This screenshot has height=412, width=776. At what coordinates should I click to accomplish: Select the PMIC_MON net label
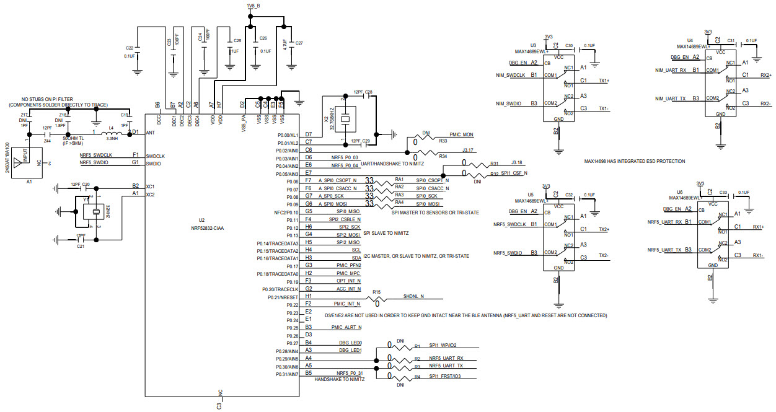click(x=461, y=134)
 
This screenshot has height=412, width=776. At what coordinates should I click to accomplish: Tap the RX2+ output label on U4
click(x=765, y=75)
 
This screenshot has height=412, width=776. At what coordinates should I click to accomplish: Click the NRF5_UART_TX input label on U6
click(x=665, y=249)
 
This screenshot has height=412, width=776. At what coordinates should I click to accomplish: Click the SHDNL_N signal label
click(x=413, y=296)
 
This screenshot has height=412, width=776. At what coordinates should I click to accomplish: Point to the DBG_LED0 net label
click(x=350, y=343)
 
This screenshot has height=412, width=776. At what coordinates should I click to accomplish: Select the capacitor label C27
click(x=299, y=43)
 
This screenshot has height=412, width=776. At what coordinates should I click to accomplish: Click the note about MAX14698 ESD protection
click(x=634, y=161)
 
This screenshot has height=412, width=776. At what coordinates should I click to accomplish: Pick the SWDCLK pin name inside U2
click(x=156, y=155)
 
